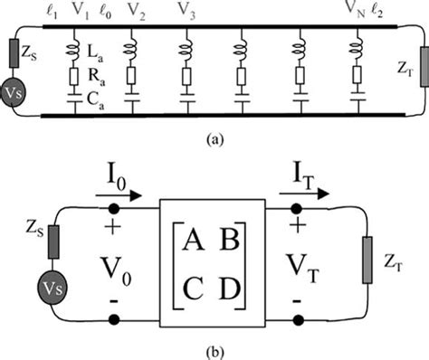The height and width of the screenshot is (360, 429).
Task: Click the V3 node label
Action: point(186,12)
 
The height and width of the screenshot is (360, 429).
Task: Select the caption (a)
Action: point(214,141)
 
